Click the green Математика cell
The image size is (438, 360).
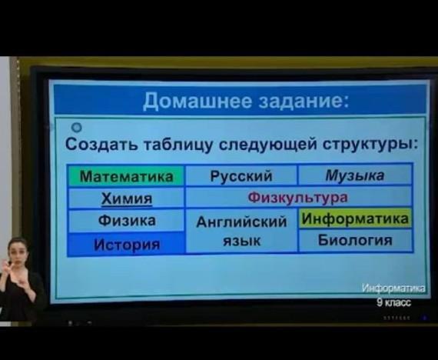[126, 176]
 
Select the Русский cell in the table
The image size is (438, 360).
[241, 175]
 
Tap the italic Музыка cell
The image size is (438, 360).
[355, 175]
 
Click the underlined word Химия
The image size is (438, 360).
[127, 199]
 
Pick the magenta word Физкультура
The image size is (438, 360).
[298, 198]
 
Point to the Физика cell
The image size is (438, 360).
[126, 221]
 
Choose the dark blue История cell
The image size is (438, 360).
[126, 245]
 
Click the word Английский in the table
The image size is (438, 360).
[241, 222]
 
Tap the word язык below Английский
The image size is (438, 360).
[242, 241]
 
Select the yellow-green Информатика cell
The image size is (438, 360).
[355, 218]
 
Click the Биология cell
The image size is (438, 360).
[355, 240]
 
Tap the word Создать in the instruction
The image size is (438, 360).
[101, 145]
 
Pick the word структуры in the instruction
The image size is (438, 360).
[368, 145]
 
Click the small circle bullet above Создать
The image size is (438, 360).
[76, 128]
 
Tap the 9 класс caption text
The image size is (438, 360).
[394, 302]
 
